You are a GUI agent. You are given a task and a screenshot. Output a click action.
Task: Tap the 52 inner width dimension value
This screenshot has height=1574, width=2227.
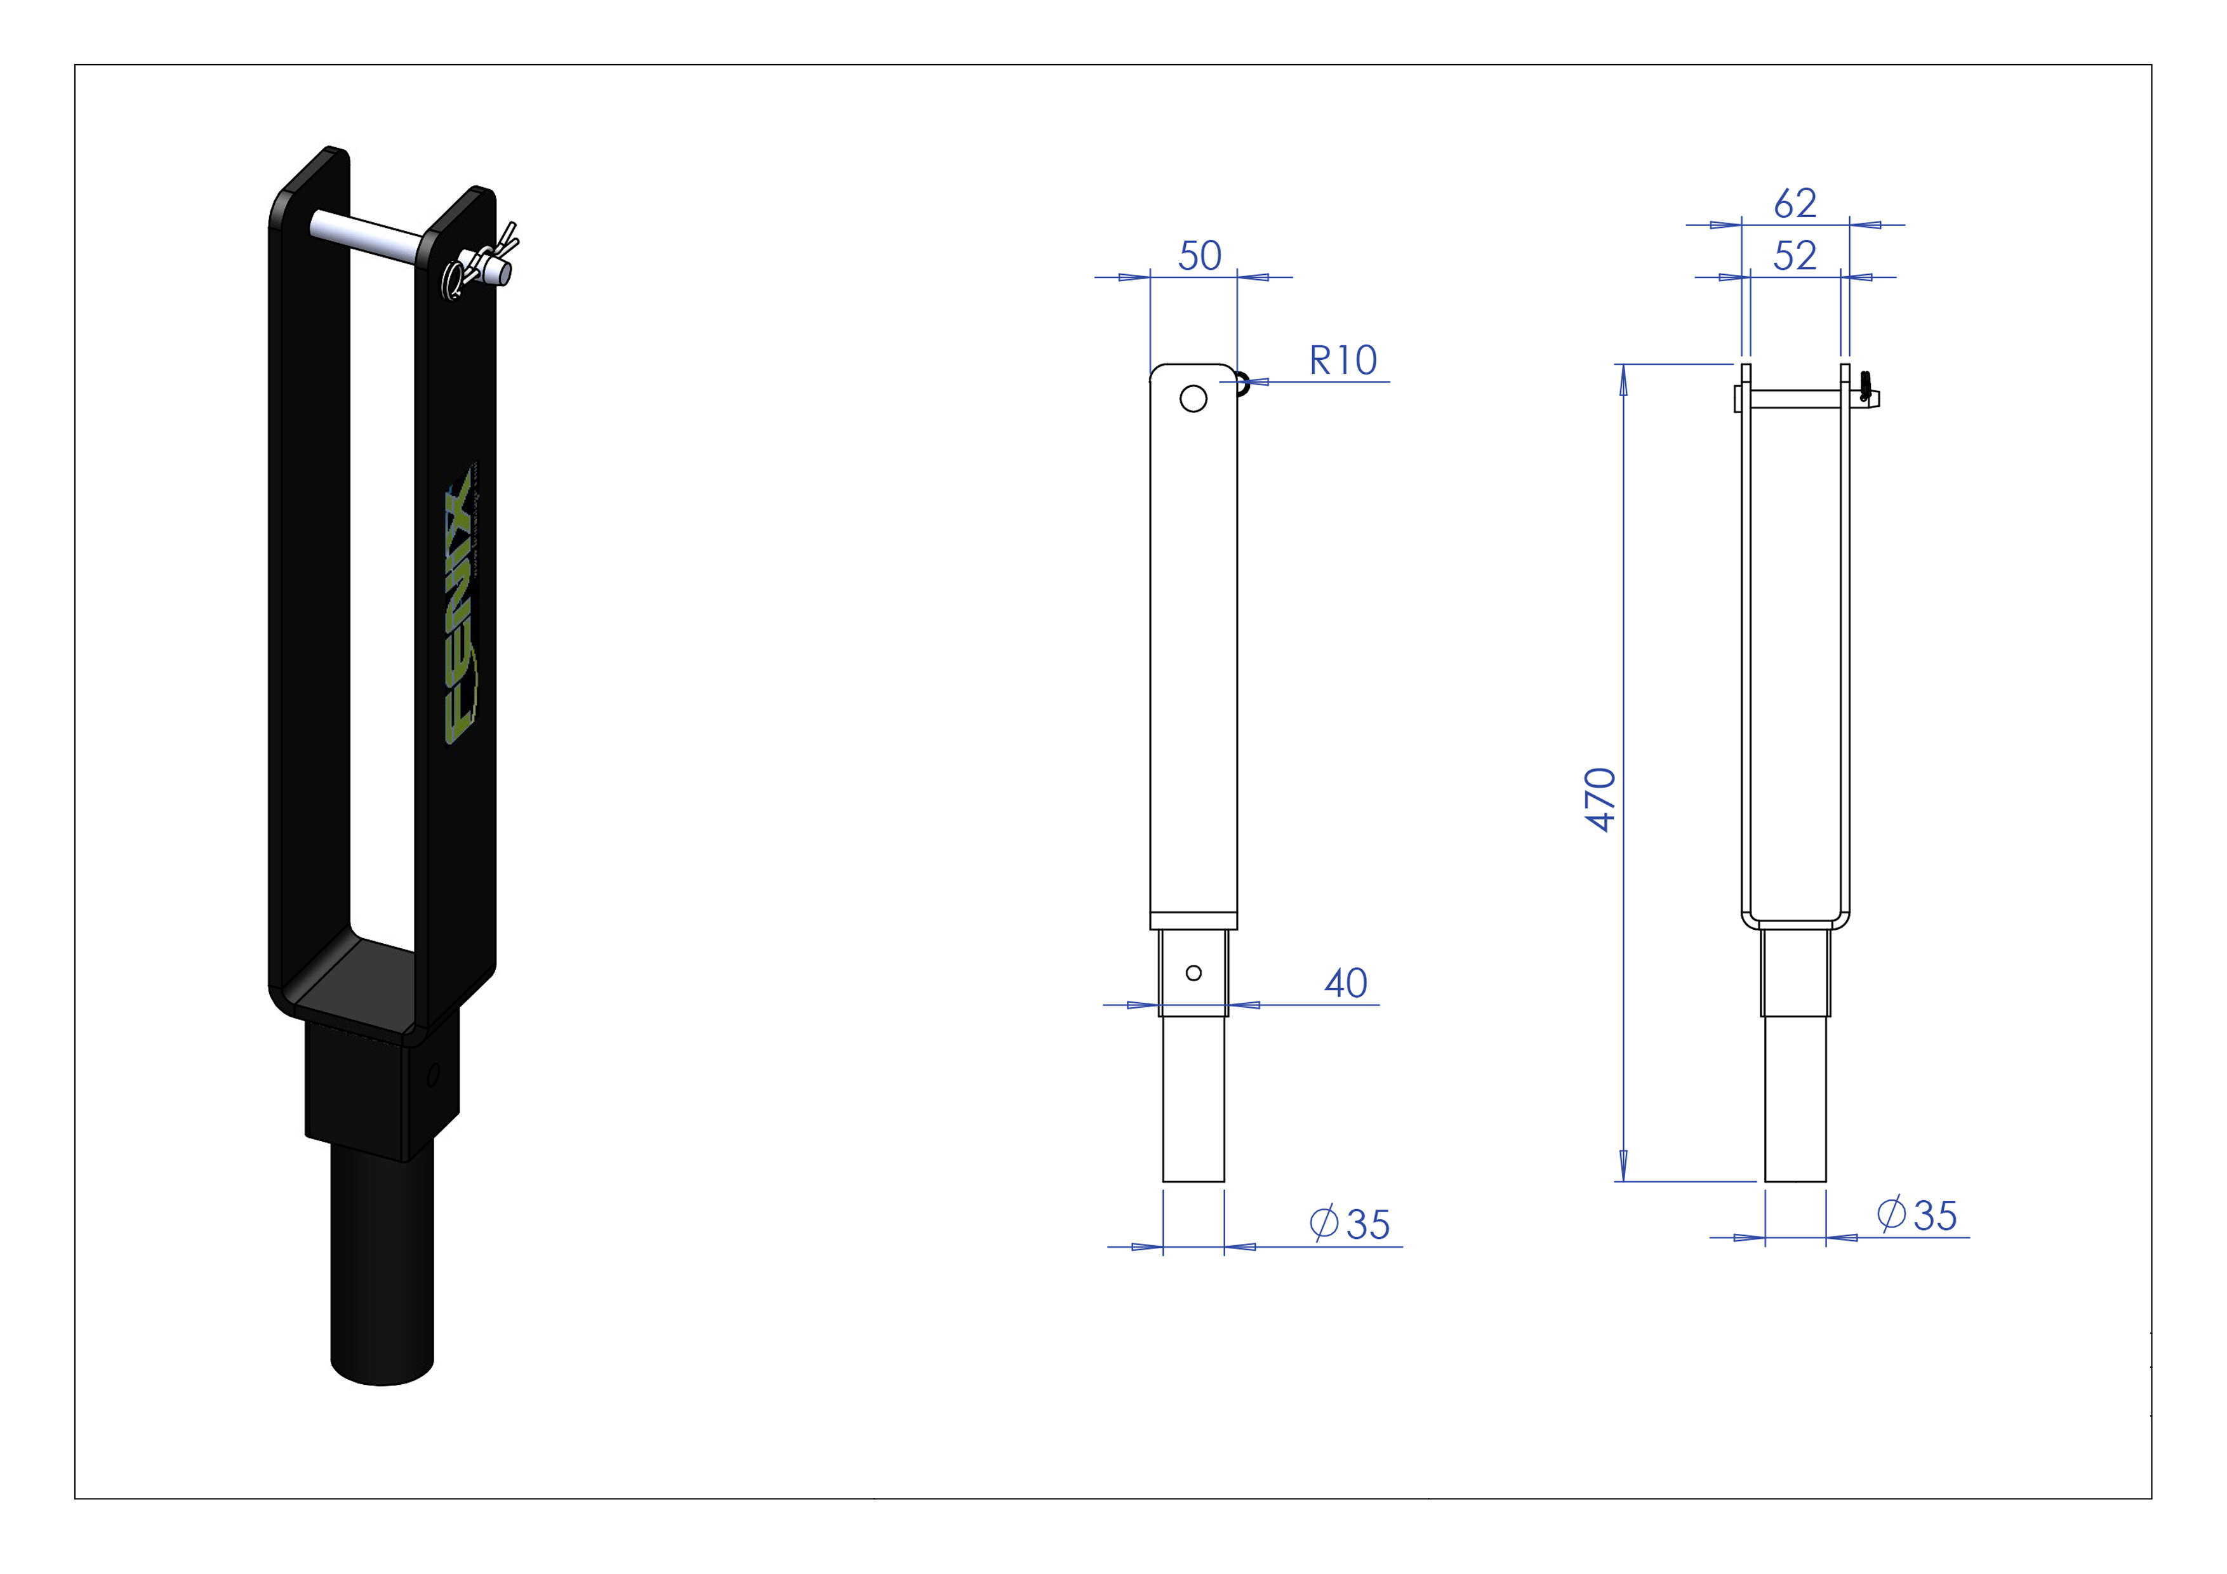(x=1795, y=256)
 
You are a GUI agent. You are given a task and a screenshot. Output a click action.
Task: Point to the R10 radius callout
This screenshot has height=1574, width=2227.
(x=1343, y=360)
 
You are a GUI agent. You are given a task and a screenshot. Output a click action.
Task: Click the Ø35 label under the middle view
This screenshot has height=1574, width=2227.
(x=1350, y=1224)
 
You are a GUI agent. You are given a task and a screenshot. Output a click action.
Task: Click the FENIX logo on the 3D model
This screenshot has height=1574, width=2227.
(x=460, y=606)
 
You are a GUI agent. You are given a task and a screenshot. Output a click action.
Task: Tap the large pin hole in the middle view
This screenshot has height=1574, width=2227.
(x=1193, y=399)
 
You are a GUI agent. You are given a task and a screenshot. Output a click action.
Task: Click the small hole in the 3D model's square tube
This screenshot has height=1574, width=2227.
(x=432, y=1075)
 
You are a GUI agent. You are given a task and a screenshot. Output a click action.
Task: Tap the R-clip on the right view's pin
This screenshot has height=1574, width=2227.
(x=1865, y=386)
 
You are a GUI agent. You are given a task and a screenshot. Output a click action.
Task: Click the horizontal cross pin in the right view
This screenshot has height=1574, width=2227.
(x=1795, y=399)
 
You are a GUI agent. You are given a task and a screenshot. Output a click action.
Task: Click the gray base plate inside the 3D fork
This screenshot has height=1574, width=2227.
(x=354, y=984)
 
